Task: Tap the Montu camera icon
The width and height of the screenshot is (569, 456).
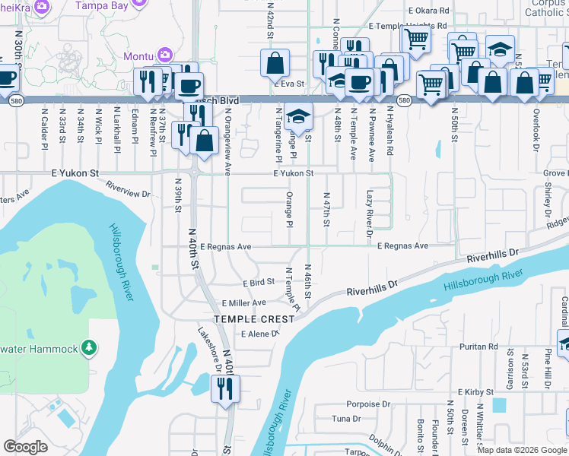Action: click(164, 55)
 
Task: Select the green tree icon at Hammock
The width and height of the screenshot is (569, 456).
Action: click(90, 347)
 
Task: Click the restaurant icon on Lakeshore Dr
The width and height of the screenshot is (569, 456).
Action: click(226, 389)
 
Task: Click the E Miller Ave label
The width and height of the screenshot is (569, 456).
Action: click(243, 302)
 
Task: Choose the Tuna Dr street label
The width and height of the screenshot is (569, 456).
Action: click(346, 419)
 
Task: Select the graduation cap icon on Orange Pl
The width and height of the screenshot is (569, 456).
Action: click(299, 116)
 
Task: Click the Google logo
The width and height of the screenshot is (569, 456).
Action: click(26, 447)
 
